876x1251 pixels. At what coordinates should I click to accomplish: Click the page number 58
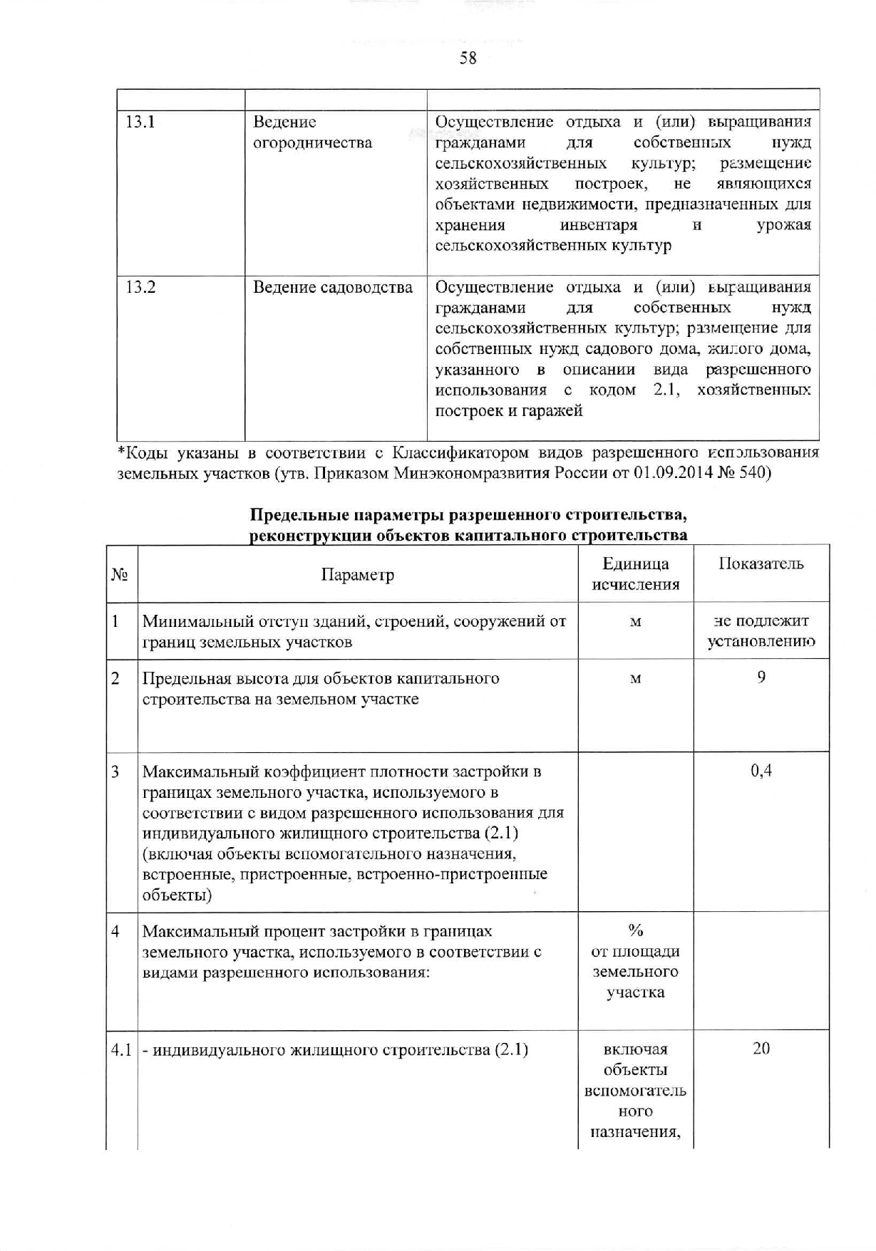pyautogui.click(x=468, y=58)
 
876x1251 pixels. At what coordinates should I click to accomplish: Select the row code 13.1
pyautogui.click(x=140, y=122)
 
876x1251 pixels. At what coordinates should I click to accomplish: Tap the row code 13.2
pyautogui.click(x=140, y=287)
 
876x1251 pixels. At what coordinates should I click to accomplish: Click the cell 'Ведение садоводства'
pyautogui.click(x=333, y=288)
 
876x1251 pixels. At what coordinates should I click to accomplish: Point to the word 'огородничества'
pyautogui.click(x=313, y=142)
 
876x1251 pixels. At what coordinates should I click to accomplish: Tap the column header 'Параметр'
pyautogui.click(x=357, y=575)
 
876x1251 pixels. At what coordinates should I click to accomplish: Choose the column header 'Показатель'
pyautogui.click(x=761, y=564)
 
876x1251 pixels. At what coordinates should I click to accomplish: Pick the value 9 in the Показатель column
pyautogui.click(x=761, y=678)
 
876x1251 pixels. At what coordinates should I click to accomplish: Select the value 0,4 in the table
pyautogui.click(x=761, y=771)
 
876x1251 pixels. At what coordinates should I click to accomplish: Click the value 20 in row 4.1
pyautogui.click(x=761, y=1049)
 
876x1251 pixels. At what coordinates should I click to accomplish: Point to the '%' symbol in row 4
pyautogui.click(x=635, y=930)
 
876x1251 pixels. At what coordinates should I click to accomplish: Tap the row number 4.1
pyautogui.click(x=121, y=1050)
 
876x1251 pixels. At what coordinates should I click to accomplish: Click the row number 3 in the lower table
pyautogui.click(x=115, y=772)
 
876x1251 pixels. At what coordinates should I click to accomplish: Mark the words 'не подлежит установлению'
pyautogui.click(x=761, y=631)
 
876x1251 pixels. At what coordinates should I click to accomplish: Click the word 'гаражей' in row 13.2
pyautogui.click(x=555, y=411)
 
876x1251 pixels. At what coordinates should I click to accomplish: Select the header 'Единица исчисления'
pyautogui.click(x=635, y=574)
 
